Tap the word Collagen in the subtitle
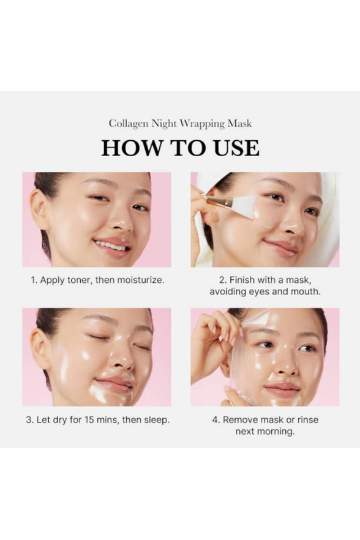point(129,124)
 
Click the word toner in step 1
point(80,280)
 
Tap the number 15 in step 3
point(89,420)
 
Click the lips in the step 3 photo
point(113,384)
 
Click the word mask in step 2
point(296,280)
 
